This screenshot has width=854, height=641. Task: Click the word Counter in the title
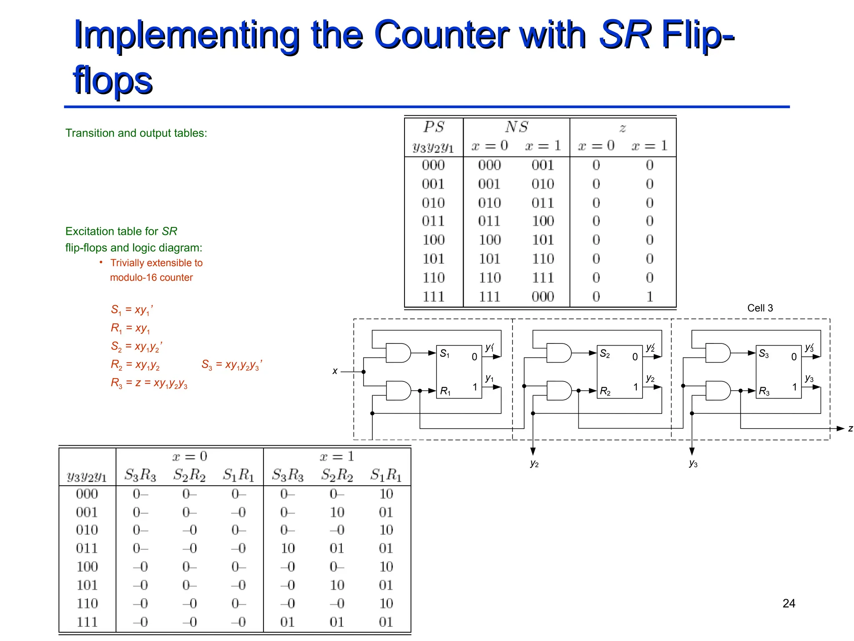click(442, 35)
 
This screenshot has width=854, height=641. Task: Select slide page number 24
click(789, 603)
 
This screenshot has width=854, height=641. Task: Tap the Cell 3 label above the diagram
click(760, 308)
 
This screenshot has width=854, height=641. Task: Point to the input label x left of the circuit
click(335, 371)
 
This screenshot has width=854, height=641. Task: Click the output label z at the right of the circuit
click(850, 429)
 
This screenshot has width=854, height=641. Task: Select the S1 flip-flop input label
click(445, 354)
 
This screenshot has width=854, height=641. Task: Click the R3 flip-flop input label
click(764, 391)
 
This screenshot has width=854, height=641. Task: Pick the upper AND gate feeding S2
click(558, 353)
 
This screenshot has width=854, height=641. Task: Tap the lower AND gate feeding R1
click(398, 391)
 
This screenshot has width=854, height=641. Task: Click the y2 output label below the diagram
click(534, 464)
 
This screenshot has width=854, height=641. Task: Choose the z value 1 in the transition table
click(649, 297)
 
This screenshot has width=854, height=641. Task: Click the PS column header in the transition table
click(434, 127)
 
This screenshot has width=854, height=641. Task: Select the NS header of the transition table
click(517, 127)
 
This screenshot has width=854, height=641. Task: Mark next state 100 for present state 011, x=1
click(543, 221)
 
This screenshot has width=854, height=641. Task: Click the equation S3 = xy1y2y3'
click(232, 365)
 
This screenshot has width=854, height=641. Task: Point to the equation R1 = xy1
click(130, 328)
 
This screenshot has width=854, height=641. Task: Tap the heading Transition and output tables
click(136, 133)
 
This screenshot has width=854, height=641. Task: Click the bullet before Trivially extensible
click(101, 262)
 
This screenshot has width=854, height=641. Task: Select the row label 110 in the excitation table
click(87, 603)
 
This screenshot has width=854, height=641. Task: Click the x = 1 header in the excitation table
click(337, 457)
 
